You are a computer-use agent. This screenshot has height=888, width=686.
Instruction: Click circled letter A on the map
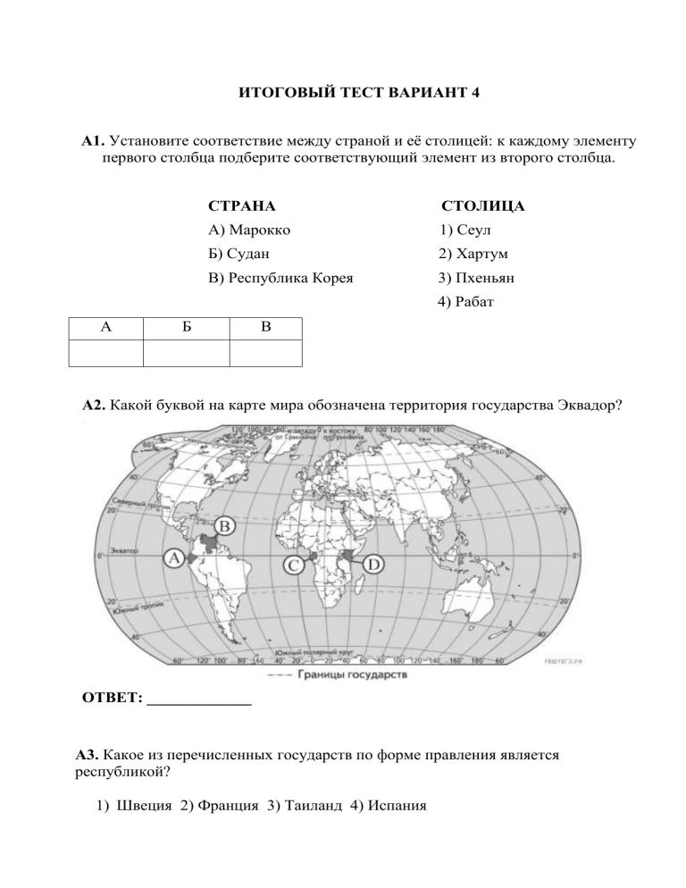coord(173,557)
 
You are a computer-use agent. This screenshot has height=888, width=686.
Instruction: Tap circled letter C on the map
coord(292,565)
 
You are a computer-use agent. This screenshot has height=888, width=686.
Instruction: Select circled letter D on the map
coord(373,564)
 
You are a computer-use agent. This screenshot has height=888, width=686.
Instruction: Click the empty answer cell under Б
coord(187,353)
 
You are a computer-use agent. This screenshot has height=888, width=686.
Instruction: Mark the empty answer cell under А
coord(105,353)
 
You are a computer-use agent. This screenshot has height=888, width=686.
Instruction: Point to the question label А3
coord(90,756)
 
